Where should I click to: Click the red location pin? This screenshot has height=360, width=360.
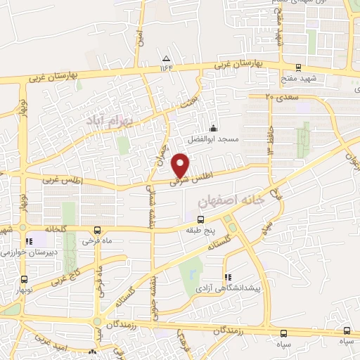pyautogui.click(x=181, y=165)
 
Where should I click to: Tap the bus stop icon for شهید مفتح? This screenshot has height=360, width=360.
pyautogui.click(x=297, y=68)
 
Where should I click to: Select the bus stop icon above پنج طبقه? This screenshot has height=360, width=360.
pyautogui.click(x=200, y=220)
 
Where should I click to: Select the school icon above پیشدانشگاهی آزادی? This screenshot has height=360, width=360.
pyautogui.click(x=227, y=277)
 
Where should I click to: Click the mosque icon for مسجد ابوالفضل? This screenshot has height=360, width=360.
pyautogui.click(x=213, y=129)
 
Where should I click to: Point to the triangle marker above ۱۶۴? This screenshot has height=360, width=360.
pyautogui.click(x=166, y=58)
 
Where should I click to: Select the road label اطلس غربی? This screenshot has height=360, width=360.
pyautogui.click(x=63, y=181)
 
